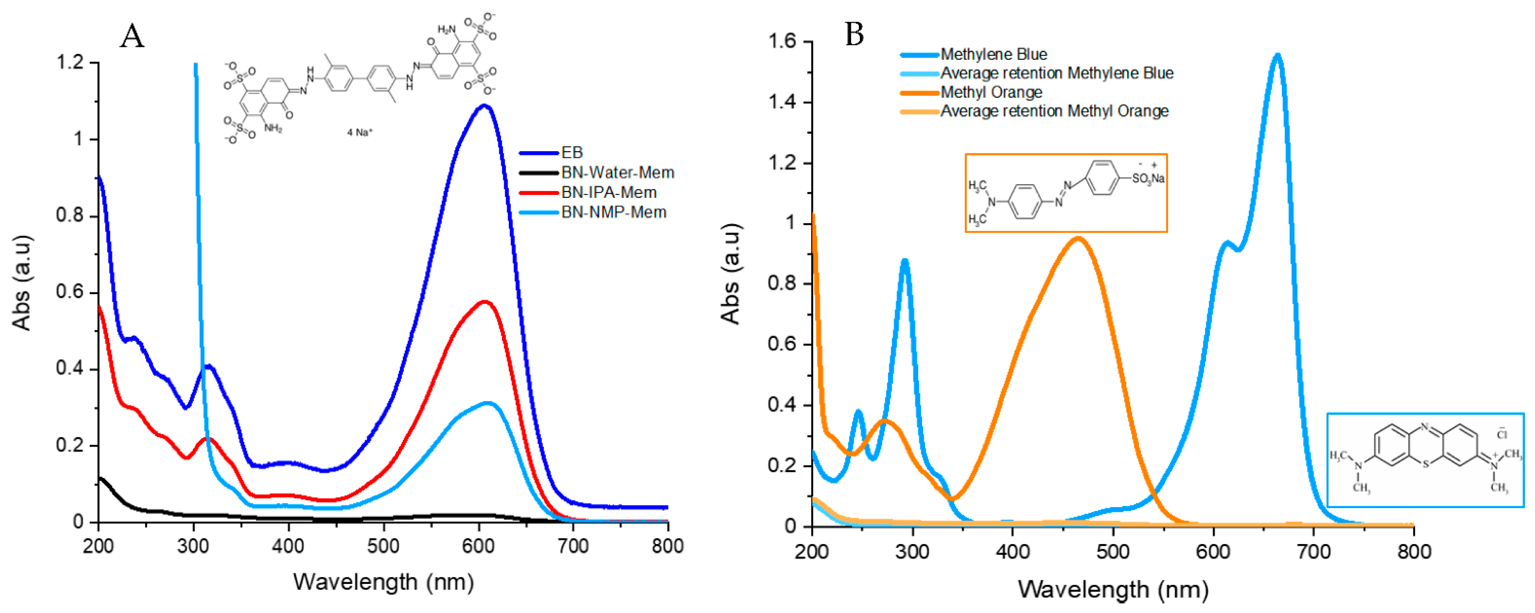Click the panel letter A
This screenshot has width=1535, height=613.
(x=132, y=37)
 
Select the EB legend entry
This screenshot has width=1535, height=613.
(x=571, y=153)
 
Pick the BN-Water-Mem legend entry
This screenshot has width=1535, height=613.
(x=617, y=173)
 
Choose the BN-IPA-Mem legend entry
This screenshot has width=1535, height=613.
(x=608, y=192)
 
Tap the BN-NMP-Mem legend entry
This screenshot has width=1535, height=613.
(x=613, y=212)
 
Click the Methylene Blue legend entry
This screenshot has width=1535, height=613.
(x=993, y=54)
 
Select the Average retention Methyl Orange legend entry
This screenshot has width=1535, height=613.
(x=1054, y=111)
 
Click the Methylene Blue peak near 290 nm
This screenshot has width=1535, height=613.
(x=904, y=261)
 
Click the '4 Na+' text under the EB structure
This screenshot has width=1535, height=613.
(x=359, y=132)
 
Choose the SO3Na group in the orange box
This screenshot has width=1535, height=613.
(x=1148, y=178)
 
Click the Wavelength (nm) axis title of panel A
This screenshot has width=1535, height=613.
(x=383, y=582)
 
